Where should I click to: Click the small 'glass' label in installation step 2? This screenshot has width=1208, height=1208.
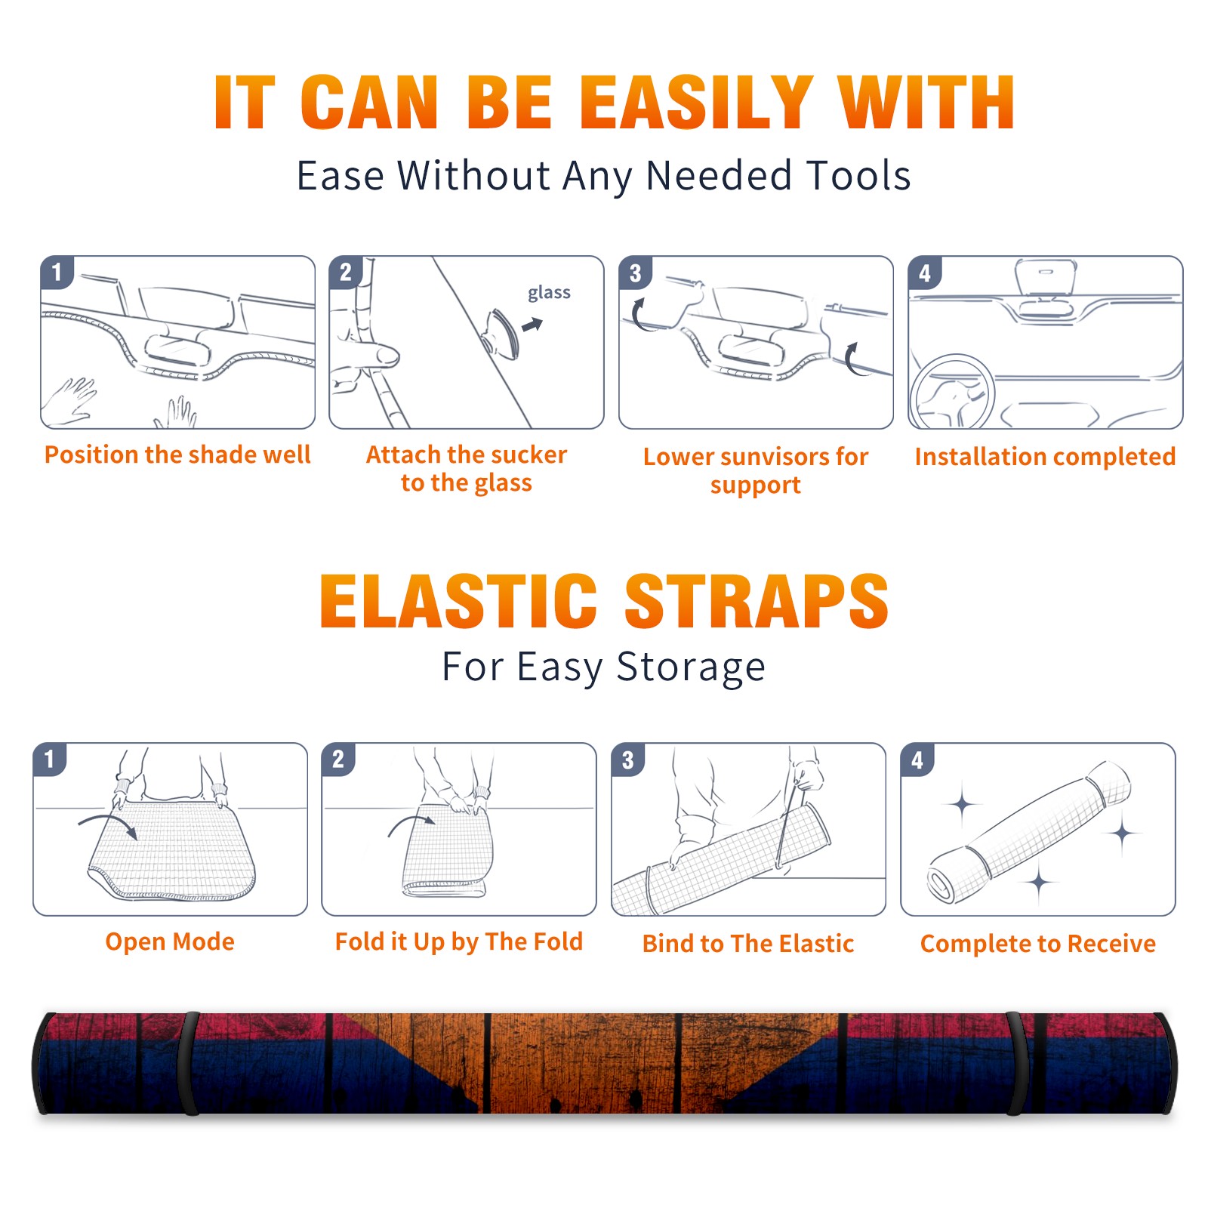coord(549,293)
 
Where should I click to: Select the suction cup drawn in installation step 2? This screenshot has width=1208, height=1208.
coord(503,333)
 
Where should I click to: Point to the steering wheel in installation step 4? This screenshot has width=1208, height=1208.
coord(953,393)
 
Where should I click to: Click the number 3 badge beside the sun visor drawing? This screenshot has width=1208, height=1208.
coord(635,273)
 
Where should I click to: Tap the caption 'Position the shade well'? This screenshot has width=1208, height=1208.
coord(177,455)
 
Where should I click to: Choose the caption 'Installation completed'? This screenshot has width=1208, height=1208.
coord(1045,456)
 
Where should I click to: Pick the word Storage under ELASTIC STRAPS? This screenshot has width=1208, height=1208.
coord(691,668)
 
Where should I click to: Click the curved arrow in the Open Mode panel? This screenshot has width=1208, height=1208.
coord(107,824)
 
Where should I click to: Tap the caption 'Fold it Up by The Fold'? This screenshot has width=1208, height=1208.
coord(459,941)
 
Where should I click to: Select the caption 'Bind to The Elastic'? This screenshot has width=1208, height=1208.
coord(748,944)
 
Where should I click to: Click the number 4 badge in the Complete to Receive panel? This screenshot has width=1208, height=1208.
coord(917,760)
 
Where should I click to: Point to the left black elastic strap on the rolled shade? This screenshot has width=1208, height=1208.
coord(190,1064)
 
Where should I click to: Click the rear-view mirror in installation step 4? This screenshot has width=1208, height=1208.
coord(1046,277)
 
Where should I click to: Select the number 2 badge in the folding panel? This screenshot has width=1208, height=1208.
coord(337,760)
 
